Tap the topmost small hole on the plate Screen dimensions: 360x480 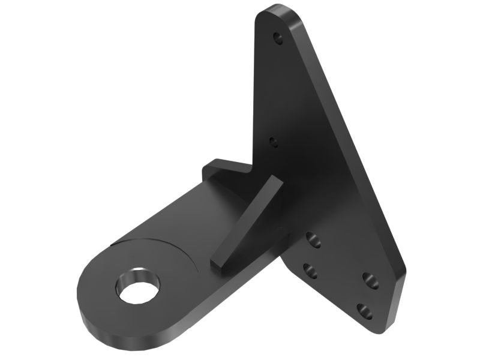point(277,38)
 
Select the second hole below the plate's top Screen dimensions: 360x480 point(274,142)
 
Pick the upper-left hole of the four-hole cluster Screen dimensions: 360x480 point(314,240)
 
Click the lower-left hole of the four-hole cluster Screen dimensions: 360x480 point(310,271)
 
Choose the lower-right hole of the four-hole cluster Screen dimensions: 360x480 point(364,311)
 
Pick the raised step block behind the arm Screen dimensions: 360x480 point(225,168)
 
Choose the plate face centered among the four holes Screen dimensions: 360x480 point(340,275)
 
